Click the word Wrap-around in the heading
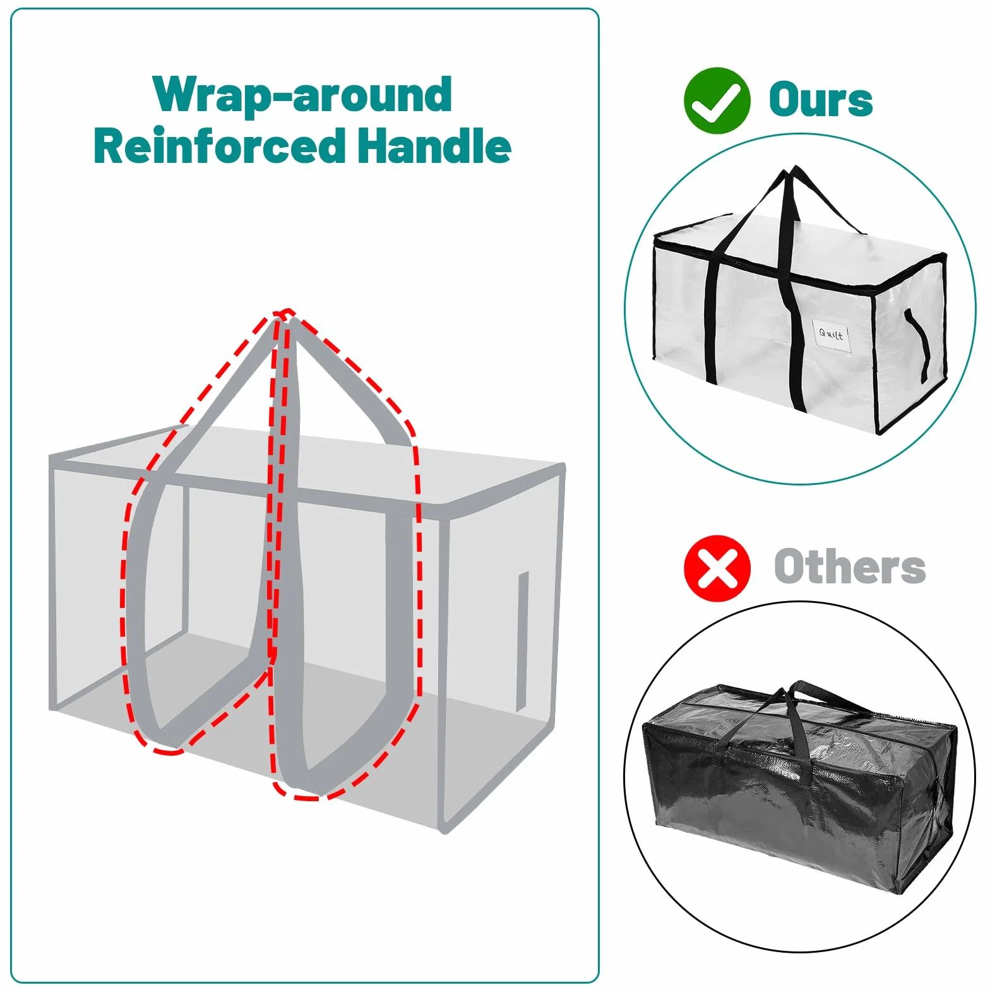click(x=302, y=95)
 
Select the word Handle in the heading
click(x=434, y=145)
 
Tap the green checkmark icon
click(x=717, y=100)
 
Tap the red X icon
click(x=717, y=568)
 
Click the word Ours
click(x=821, y=100)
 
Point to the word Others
click(x=850, y=567)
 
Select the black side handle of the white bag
click(x=917, y=345)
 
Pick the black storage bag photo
click(x=799, y=786)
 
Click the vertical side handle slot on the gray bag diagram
click(x=522, y=641)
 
